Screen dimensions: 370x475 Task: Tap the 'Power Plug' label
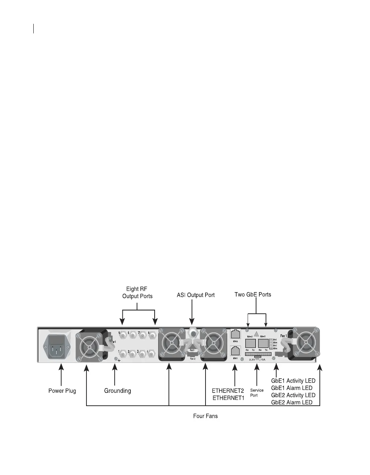point(62,391)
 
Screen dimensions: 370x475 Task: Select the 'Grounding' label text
point(118,391)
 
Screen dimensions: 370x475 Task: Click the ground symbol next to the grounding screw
point(119,360)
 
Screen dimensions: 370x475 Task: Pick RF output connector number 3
point(141,354)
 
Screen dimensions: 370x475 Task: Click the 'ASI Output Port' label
point(196,295)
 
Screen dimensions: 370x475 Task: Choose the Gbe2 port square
point(250,343)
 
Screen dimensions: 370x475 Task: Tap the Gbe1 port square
point(263,343)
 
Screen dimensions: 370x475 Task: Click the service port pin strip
point(258,354)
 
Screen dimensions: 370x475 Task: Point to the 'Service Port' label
point(257,393)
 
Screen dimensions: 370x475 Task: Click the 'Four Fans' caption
point(206,416)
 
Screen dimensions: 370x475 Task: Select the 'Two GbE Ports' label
point(253,294)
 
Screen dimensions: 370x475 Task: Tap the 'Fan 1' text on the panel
point(284,336)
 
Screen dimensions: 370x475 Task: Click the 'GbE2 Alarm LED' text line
point(292,402)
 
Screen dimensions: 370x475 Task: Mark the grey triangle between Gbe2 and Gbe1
point(257,334)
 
